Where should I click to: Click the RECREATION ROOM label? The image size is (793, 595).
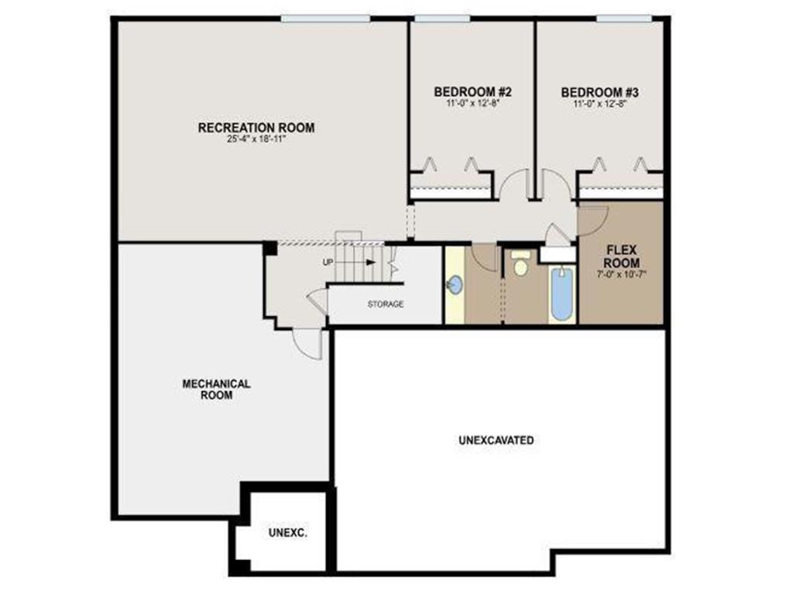tap(256, 128)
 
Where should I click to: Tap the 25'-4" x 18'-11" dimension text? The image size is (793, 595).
tap(256, 140)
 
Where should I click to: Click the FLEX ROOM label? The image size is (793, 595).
tap(622, 257)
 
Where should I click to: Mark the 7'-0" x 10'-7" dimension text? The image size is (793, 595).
tap(622, 274)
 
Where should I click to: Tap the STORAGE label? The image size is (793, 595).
tap(385, 304)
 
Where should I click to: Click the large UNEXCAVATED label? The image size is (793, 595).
tap(496, 440)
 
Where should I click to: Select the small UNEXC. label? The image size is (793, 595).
tap(288, 533)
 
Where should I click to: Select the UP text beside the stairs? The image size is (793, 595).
tap(328, 263)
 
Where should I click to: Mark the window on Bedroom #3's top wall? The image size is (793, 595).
tap(623, 18)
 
